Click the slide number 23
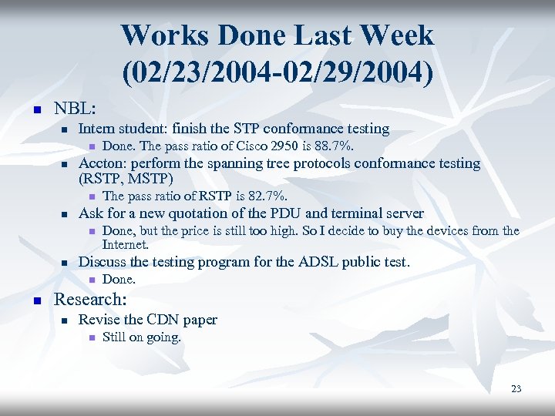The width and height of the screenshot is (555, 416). [516, 389]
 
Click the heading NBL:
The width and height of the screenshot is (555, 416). [74, 108]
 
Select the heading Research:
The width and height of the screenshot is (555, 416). [89, 299]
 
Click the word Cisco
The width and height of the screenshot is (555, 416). [240, 146]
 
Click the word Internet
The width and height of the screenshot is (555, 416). [125, 244]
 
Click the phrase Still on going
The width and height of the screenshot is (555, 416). [141, 337]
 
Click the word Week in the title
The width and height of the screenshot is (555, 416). [390, 35]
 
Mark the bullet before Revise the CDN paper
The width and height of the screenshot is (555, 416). [66, 320]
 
